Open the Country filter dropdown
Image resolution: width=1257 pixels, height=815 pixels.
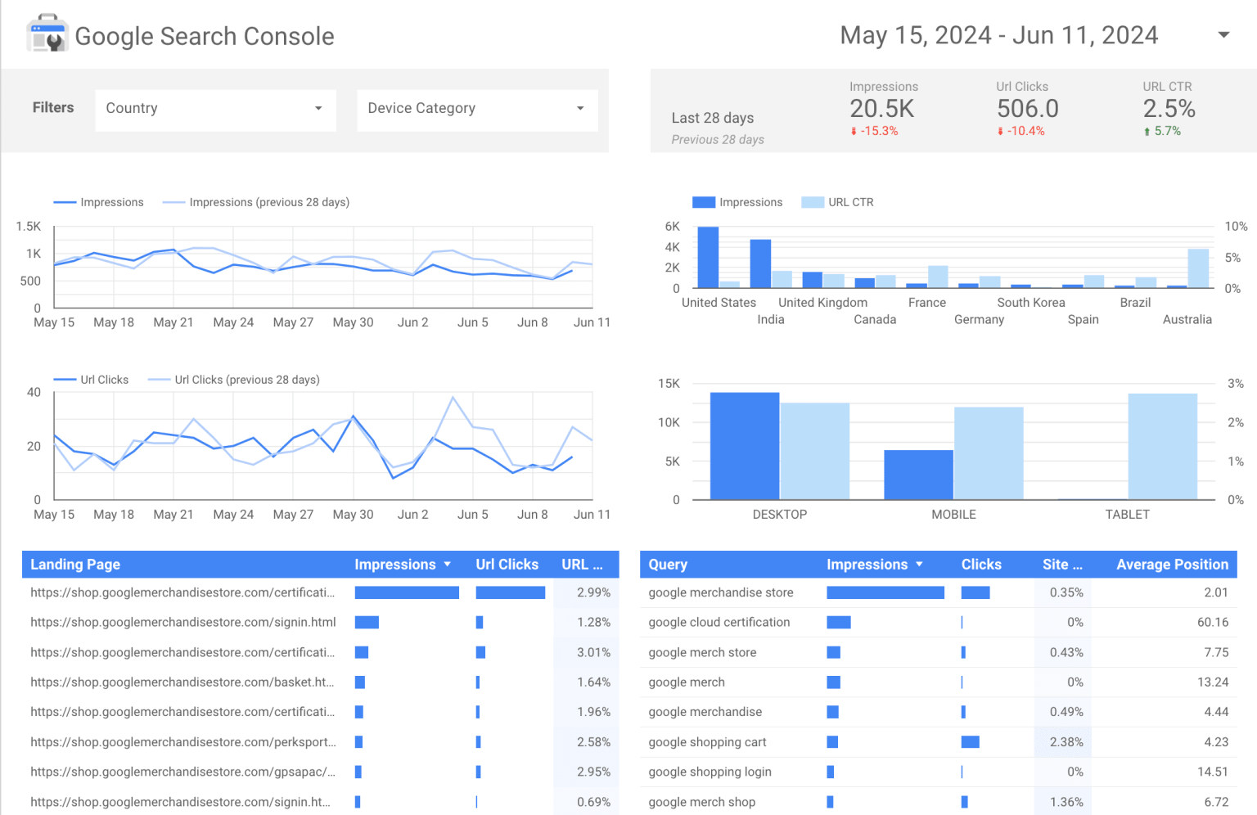[x=215, y=109]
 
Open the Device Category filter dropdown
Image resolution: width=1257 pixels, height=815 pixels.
[x=477, y=109]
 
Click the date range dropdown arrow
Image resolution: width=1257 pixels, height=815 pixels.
[x=1223, y=35]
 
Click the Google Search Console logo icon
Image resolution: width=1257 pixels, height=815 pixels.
[x=47, y=34]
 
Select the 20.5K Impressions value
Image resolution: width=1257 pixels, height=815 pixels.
[x=881, y=109]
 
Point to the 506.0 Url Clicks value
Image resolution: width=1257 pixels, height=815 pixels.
[x=1027, y=109]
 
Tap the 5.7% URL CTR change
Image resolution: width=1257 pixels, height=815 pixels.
[x=1166, y=131]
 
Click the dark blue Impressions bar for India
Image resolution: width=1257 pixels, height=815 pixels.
[x=760, y=263]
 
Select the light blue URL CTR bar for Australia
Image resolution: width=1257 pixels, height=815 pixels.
[x=1198, y=268]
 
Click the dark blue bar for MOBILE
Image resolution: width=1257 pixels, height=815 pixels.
[x=918, y=475]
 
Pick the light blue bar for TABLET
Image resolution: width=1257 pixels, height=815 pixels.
[x=1162, y=447]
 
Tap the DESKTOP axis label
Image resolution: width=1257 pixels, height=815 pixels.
[x=779, y=515]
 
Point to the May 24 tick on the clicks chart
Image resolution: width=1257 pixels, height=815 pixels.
[x=233, y=515]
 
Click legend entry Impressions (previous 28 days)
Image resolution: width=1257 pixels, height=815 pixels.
[x=268, y=202]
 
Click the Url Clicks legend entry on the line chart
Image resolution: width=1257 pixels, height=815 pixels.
[x=104, y=380]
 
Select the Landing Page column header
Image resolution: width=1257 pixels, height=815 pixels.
[x=75, y=565]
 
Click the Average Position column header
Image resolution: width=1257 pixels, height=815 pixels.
[x=1172, y=565]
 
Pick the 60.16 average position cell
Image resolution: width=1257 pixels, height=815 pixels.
[x=1212, y=623]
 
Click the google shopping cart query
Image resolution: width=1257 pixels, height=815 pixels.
[x=707, y=742]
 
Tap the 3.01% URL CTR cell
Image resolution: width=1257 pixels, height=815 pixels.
[x=593, y=653]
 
